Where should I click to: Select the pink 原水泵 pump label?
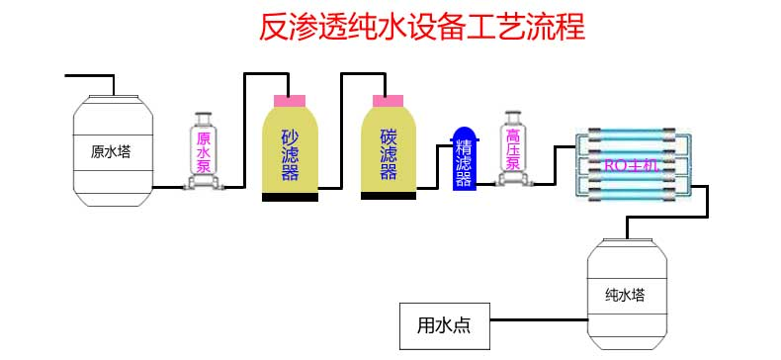coord(204,152)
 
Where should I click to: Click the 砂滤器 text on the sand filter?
coord(291,156)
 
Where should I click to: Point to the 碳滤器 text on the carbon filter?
coord(389,155)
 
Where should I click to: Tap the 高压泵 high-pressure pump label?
coord(513,148)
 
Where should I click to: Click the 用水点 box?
coord(444,324)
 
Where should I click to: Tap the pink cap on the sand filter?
coord(290,99)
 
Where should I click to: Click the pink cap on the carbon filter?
coord(388,99)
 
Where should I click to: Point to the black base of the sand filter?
coord(290,197)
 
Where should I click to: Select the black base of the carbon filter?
coord(389,195)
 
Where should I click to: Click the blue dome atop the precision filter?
coord(464,135)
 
